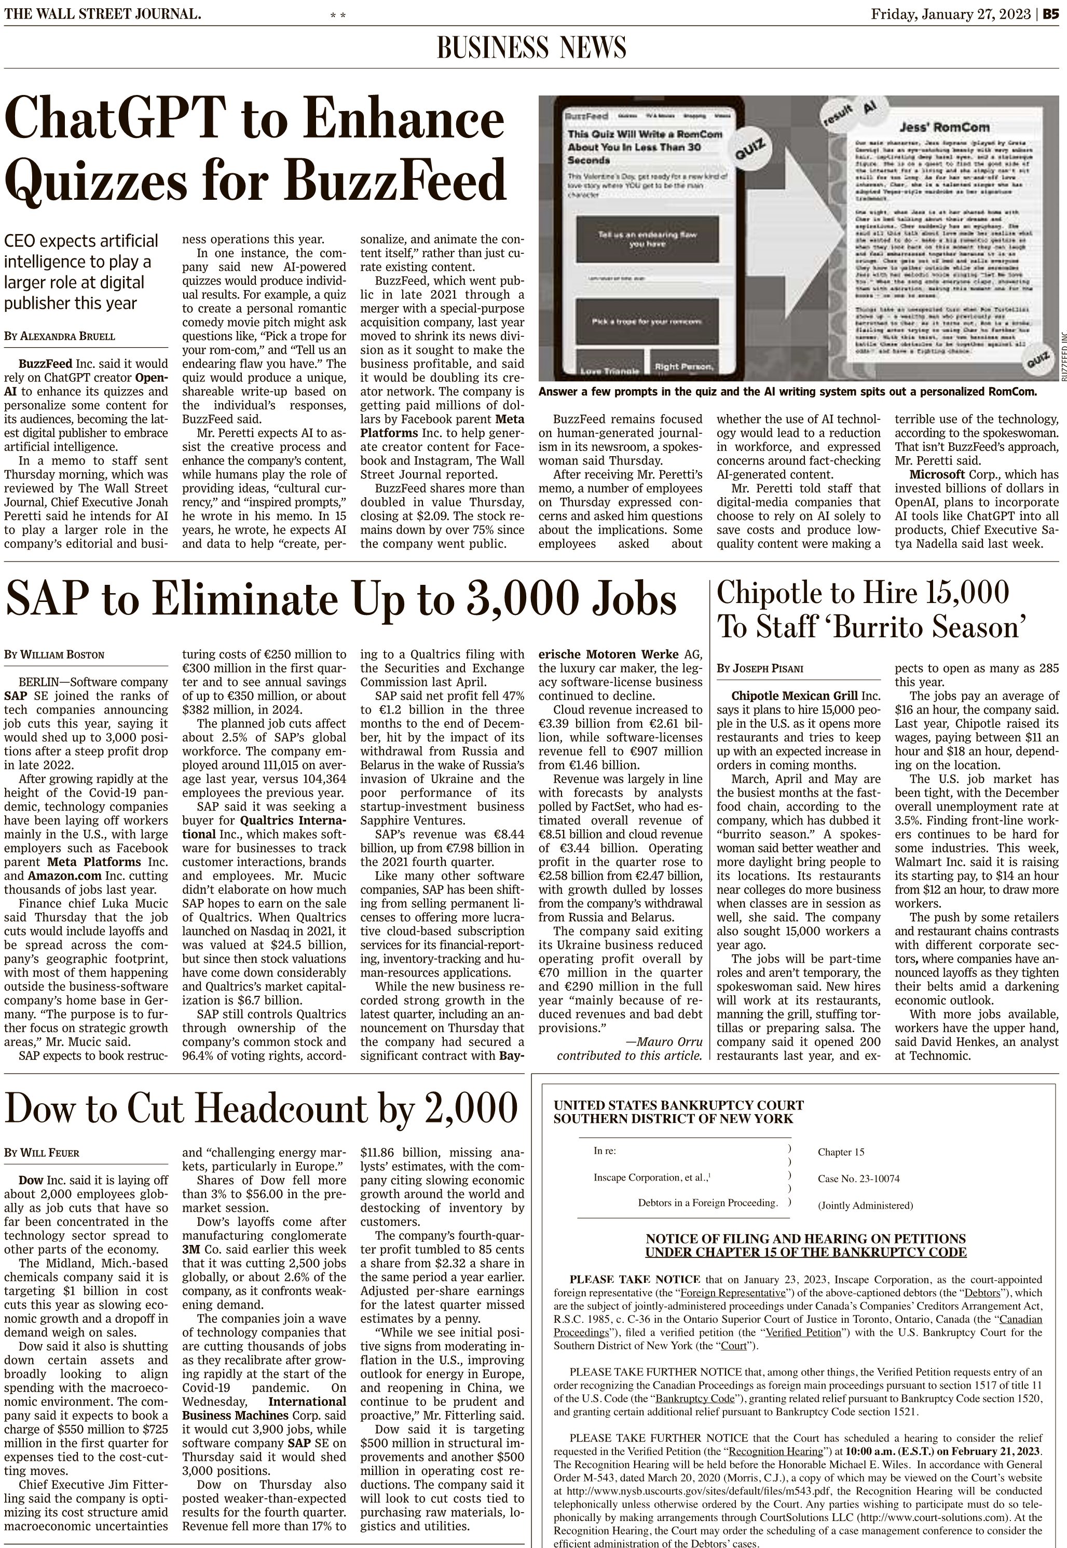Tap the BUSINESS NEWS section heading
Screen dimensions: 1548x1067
(x=531, y=48)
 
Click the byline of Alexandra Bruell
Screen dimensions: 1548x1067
(x=60, y=336)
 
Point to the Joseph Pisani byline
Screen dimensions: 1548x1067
(x=760, y=668)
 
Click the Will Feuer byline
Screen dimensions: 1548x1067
(x=42, y=1153)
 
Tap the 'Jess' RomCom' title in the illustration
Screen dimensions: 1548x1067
(x=934, y=127)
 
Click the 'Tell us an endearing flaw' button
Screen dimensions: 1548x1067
(x=647, y=239)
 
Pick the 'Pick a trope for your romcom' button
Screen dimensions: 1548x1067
(x=647, y=322)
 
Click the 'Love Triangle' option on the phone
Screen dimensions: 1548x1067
(x=609, y=369)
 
